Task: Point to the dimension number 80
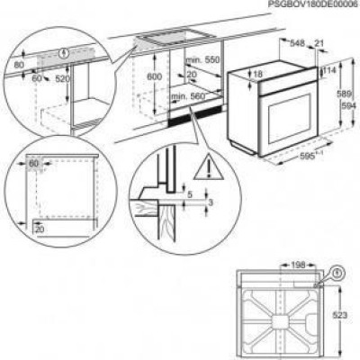coord(19,65)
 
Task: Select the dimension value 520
coord(62,80)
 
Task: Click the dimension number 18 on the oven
coord(258,74)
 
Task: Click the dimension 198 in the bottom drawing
coord(299,266)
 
